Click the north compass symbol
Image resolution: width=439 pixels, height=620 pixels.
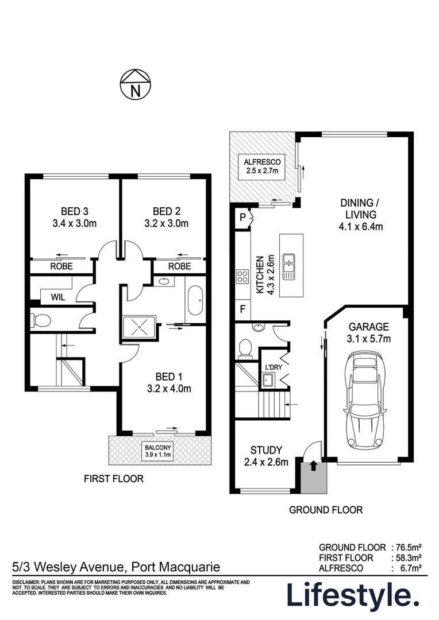[136, 84]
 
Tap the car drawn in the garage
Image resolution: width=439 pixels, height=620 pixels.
[365, 401]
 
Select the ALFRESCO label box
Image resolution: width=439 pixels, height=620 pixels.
[261, 166]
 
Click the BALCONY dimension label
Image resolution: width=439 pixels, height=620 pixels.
[158, 451]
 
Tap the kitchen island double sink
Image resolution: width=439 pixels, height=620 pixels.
[288, 266]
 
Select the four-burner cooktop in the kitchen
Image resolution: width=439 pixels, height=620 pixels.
[242, 276]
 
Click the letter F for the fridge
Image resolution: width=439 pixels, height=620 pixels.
[242, 308]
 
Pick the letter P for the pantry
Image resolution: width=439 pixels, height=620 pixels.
[242, 217]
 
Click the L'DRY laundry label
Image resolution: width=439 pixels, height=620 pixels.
[274, 367]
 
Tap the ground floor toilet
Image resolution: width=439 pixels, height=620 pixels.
[245, 347]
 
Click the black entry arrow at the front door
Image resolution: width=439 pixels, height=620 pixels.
[313, 466]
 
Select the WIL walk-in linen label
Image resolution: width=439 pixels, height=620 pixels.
[58, 297]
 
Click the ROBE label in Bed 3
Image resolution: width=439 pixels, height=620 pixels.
[61, 266]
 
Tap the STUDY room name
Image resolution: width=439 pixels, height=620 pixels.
[266, 450]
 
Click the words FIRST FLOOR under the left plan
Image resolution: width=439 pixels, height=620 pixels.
[114, 479]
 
